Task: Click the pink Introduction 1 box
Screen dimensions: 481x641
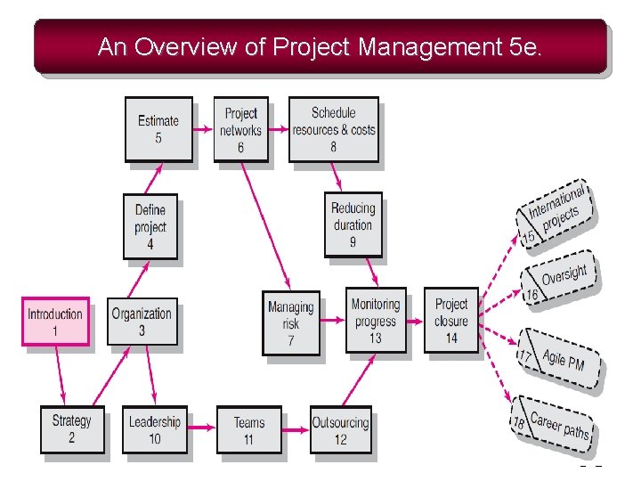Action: (x=55, y=322)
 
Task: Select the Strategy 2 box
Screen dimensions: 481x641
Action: (x=72, y=428)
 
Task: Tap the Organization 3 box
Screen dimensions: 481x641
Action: (x=142, y=322)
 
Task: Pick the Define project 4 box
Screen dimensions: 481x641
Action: (x=150, y=226)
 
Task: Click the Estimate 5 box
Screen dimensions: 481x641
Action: (x=158, y=128)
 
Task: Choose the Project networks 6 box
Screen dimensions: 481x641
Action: (x=240, y=128)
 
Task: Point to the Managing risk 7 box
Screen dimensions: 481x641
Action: (x=290, y=322)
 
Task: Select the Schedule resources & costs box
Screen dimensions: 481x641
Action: (x=333, y=128)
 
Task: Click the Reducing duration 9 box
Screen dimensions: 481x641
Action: (x=353, y=224)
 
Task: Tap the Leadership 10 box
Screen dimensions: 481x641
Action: (x=155, y=429)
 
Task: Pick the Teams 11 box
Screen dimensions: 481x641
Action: (x=248, y=429)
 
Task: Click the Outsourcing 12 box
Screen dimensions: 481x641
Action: (x=340, y=429)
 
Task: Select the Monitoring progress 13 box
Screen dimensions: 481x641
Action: (x=375, y=320)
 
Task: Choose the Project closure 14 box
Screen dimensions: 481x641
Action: (x=451, y=320)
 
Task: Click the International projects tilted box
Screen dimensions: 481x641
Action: (x=556, y=214)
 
